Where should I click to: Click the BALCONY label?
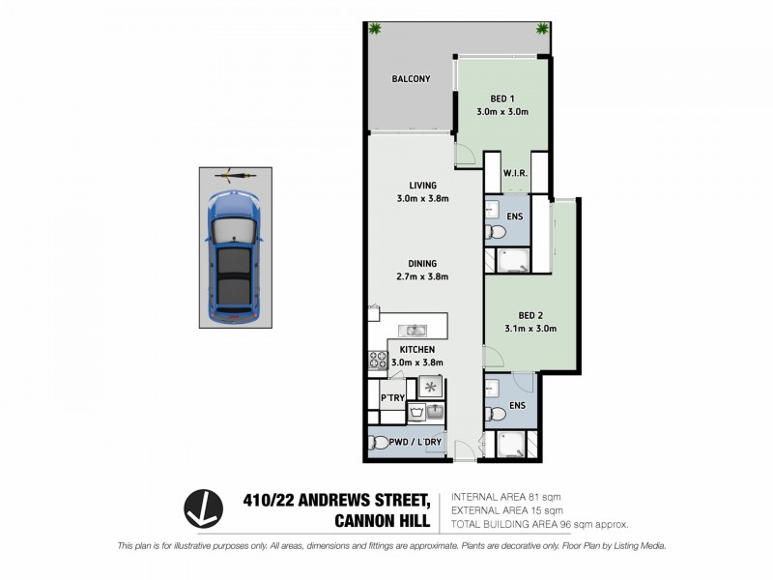tap(411, 79)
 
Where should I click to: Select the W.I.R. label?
tap(513, 175)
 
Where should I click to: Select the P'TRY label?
tap(391, 397)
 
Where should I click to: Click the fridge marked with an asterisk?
tap(430, 386)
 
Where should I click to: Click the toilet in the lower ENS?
tap(496, 414)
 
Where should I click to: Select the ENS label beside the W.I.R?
tap(514, 217)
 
